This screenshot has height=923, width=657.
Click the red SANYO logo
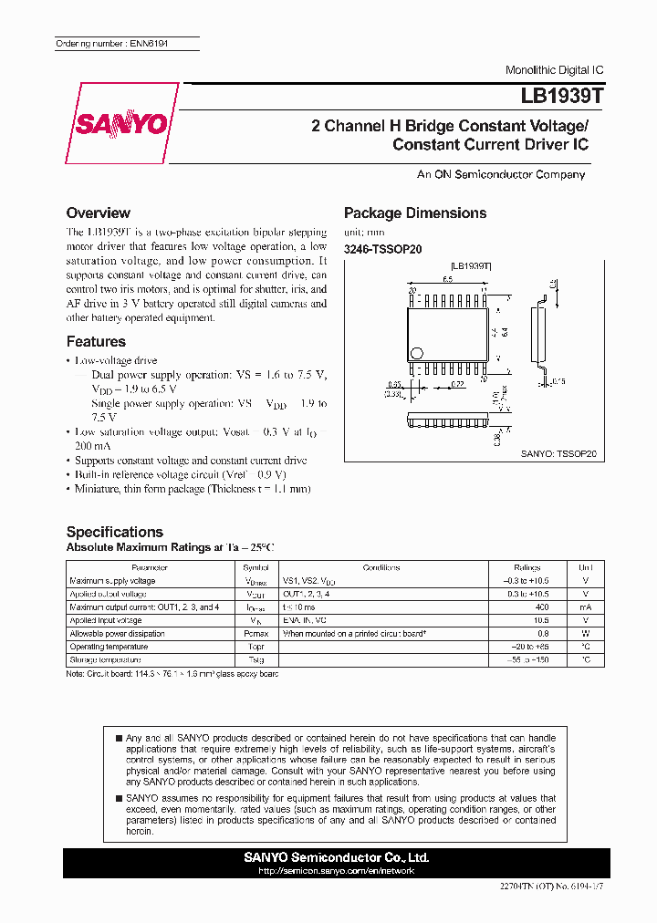(x=122, y=123)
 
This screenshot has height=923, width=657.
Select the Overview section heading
(x=99, y=213)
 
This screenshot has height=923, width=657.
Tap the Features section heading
(x=96, y=341)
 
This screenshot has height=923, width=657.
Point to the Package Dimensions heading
(x=415, y=213)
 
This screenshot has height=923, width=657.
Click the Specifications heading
(x=115, y=532)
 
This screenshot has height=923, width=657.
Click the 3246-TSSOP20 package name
(x=382, y=248)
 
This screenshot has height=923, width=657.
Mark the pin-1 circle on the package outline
(x=418, y=353)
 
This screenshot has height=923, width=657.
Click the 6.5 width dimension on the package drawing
(x=448, y=280)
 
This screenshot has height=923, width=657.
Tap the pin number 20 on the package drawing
(x=412, y=290)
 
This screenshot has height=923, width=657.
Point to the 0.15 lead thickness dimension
(x=558, y=381)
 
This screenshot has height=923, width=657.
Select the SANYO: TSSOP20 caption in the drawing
(x=558, y=452)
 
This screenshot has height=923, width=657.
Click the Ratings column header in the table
(x=527, y=567)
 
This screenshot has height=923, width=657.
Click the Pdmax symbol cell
(x=255, y=633)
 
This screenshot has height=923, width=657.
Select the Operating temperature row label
(x=105, y=646)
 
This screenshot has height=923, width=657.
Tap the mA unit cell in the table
(x=586, y=607)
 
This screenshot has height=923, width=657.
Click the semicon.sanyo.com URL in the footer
(x=337, y=870)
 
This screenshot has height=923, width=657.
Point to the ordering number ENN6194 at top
(x=112, y=44)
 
